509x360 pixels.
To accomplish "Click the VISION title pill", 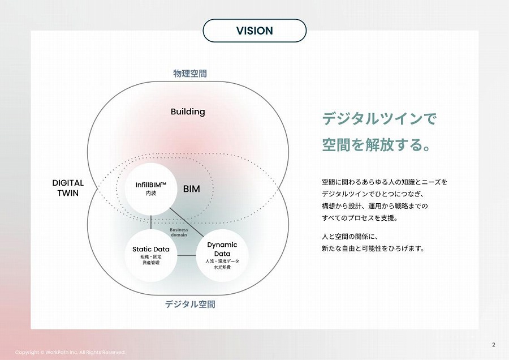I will click(x=255, y=31).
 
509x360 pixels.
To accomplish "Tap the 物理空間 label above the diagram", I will click(x=190, y=74).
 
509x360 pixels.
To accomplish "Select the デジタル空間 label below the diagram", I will click(x=190, y=304).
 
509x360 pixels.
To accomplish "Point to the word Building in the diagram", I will click(x=188, y=112).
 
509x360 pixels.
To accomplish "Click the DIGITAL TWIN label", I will click(x=68, y=188).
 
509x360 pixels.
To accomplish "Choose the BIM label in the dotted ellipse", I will click(x=192, y=189).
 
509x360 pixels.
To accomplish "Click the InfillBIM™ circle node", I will click(x=151, y=189).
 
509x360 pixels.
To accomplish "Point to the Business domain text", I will click(x=179, y=232).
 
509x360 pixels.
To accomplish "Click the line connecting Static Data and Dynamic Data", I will click(x=186, y=256).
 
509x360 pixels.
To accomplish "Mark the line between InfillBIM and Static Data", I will click(x=151, y=221).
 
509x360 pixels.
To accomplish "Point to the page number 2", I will click(x=494, y=345).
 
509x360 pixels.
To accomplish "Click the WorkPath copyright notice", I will click(x=70, y=352).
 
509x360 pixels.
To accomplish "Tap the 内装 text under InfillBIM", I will click(x=150, y=194).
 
